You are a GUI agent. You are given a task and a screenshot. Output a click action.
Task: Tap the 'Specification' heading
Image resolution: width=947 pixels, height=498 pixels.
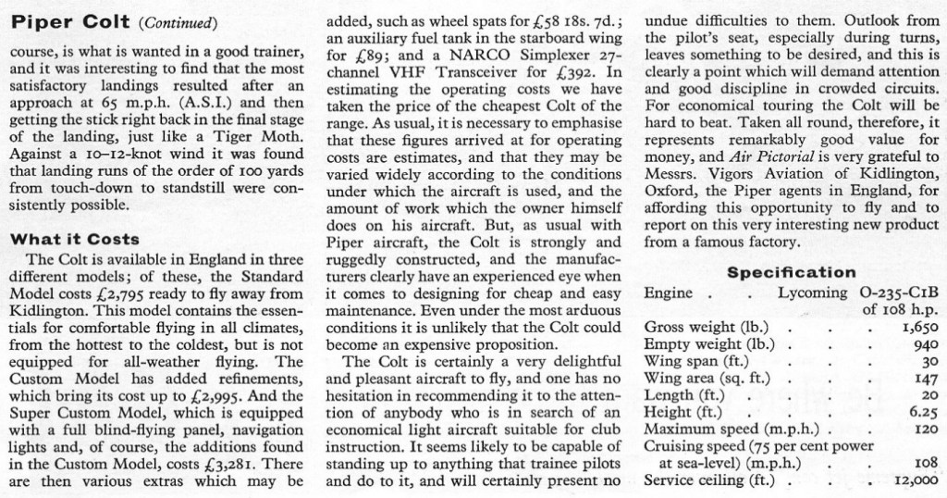tap(791, 272)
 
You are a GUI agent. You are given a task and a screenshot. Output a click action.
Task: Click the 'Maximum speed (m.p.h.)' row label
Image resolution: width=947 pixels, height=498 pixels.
tap(709, 429)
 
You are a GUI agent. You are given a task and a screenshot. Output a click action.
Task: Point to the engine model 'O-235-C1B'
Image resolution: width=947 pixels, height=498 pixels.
tap(892, 293)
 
